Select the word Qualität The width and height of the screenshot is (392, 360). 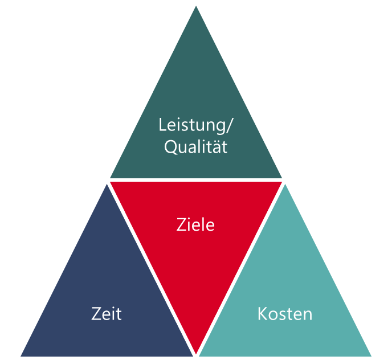click(x=196, y=148)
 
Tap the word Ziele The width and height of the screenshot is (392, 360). click(x=196, y=225)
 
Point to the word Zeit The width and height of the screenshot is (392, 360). click(x=107, y=314)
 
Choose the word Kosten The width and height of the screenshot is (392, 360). click(x=285, y=314)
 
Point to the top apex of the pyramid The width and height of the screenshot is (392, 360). click(x=196, y=3)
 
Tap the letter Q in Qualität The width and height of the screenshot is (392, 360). click(x=170, y=148)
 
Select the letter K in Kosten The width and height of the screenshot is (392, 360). click(x=262, y=314)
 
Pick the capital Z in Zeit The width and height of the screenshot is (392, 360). click(x=96, y=314)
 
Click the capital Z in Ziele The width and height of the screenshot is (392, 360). click(x=182, y=225)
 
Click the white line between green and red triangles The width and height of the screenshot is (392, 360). click(x=196, y=180)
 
